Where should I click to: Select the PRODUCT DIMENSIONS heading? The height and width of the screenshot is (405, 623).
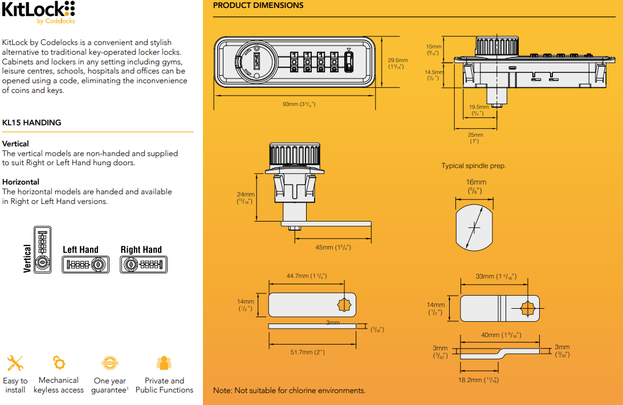coord(258,6)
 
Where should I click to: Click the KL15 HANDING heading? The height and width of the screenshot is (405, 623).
coord(32,122)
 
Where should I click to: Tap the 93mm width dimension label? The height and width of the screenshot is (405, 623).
coord(295,104)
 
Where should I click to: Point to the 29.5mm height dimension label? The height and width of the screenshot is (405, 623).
coord(397,63)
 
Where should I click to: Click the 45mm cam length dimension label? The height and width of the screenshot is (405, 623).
coord(333,247)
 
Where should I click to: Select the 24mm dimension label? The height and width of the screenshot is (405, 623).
coord(245,198)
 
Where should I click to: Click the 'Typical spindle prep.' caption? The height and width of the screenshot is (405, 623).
coord(474,166)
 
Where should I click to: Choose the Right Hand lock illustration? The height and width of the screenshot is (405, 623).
coord(144,264)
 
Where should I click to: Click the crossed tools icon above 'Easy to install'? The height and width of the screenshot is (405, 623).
coord(15,363)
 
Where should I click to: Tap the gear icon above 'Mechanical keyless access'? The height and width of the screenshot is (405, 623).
coord(59,362)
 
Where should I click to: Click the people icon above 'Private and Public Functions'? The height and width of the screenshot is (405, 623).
coord(164,363)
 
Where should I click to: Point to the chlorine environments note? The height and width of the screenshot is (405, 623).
coord(289,391)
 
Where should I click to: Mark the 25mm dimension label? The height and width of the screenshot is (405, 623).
coord(475,138)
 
